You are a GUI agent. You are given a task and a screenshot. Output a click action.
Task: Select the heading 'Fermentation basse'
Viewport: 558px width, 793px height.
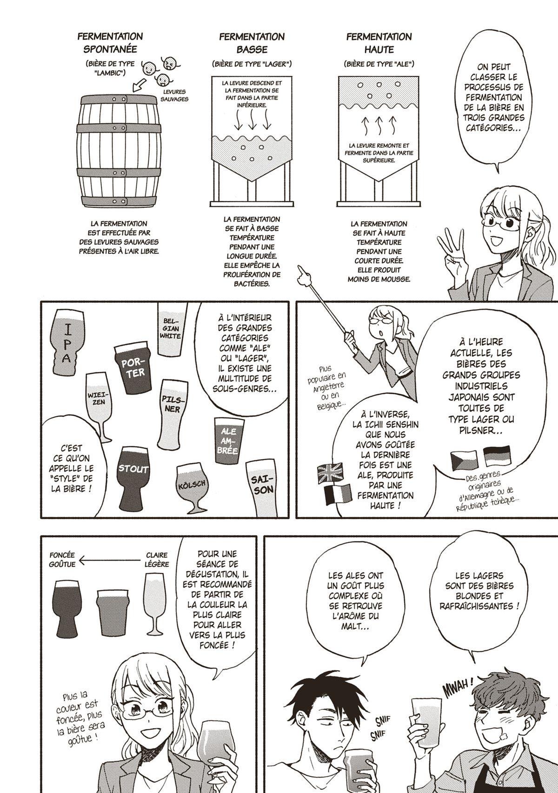click(252, 43)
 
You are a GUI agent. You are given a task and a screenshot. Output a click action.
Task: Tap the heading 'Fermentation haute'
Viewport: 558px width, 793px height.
click(379, 43)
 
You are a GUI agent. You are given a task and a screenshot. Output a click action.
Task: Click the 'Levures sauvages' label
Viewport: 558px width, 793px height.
click(174, 96)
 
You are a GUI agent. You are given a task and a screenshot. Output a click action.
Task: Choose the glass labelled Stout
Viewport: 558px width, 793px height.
click(133, 476)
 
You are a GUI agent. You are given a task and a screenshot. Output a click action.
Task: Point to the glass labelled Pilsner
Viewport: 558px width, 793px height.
click(172, 410)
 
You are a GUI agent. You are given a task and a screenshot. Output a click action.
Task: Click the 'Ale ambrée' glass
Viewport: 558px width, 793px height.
click(229, 441)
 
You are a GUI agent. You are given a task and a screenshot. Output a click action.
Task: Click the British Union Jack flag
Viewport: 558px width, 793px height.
click(330, 473)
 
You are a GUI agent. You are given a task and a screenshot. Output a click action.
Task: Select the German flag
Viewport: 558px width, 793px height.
click(497, 456)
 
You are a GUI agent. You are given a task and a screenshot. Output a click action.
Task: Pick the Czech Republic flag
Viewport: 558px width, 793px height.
click(464, 460)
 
